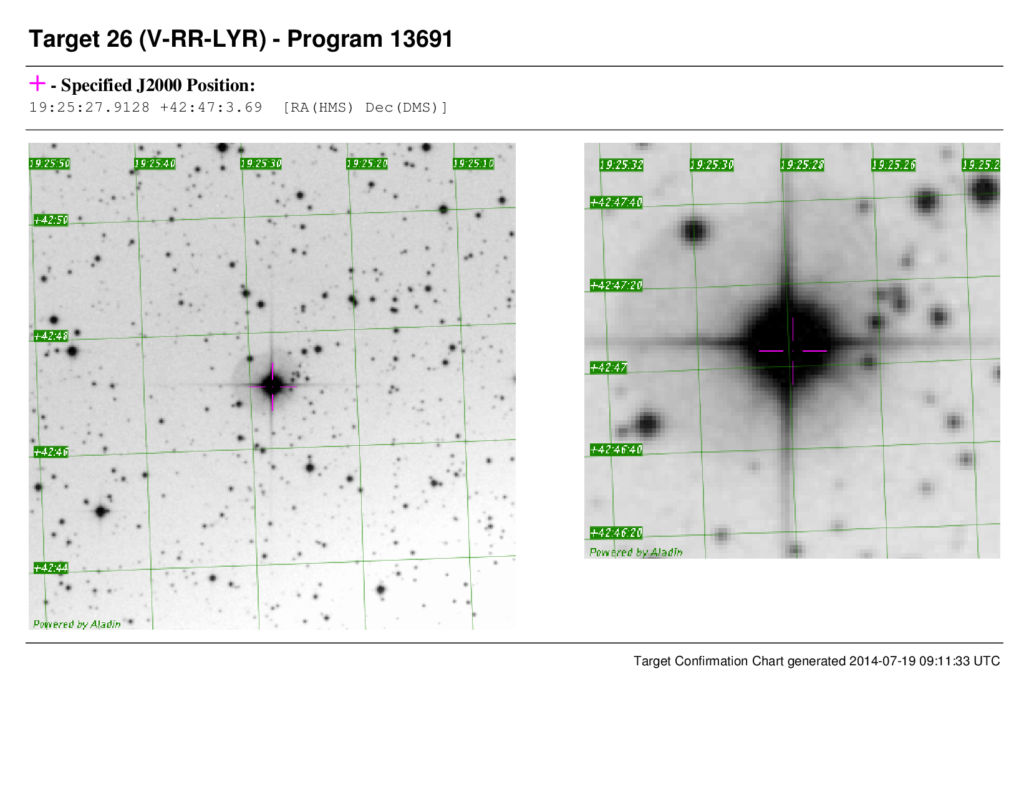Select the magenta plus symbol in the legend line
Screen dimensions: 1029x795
37,84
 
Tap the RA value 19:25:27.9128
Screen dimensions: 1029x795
90,107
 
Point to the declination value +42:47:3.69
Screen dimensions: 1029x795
211,107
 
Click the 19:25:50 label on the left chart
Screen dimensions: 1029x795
50,164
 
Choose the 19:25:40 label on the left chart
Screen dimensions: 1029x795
155,164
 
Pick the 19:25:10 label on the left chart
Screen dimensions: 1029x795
473,164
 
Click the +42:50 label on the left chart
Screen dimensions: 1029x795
51,220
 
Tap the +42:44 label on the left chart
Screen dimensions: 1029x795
51,567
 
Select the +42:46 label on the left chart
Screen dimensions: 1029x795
51,452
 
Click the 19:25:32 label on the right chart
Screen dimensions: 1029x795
621,165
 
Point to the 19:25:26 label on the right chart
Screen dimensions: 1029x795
894,165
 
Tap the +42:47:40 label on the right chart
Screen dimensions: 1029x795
616,203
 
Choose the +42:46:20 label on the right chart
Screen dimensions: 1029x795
616,533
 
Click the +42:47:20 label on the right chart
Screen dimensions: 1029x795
616,286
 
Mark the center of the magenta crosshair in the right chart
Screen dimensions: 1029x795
793,351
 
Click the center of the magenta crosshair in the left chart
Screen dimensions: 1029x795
273,387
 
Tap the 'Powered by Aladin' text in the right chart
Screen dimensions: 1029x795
636,552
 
